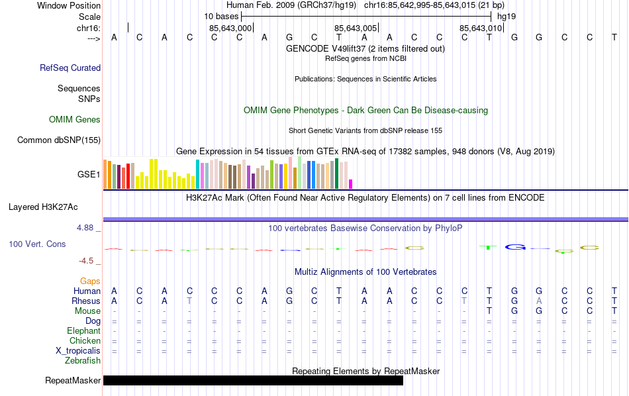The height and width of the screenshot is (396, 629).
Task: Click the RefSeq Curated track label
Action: click(70, 68)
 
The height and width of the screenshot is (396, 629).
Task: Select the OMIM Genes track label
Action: click(75, 120)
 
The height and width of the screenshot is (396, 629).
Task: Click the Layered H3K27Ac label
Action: click(43, 207)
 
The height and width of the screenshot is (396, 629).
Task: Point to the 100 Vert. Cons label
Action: click(37, 244)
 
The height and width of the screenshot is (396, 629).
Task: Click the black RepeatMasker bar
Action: click(253, 380)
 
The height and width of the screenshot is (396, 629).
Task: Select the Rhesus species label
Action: click(86, 301)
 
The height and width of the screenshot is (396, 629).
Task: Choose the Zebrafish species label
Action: click(83, 361)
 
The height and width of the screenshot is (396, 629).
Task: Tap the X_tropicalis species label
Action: click(78, 350)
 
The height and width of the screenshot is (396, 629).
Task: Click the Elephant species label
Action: click(83, 330)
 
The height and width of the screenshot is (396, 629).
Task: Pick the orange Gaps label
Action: click(90, 281)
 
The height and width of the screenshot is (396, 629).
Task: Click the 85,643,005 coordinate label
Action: click(356, 28)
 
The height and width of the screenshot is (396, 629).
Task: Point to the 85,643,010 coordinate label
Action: click(481, 28)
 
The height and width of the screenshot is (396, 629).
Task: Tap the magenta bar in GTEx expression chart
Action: click(351, 183)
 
